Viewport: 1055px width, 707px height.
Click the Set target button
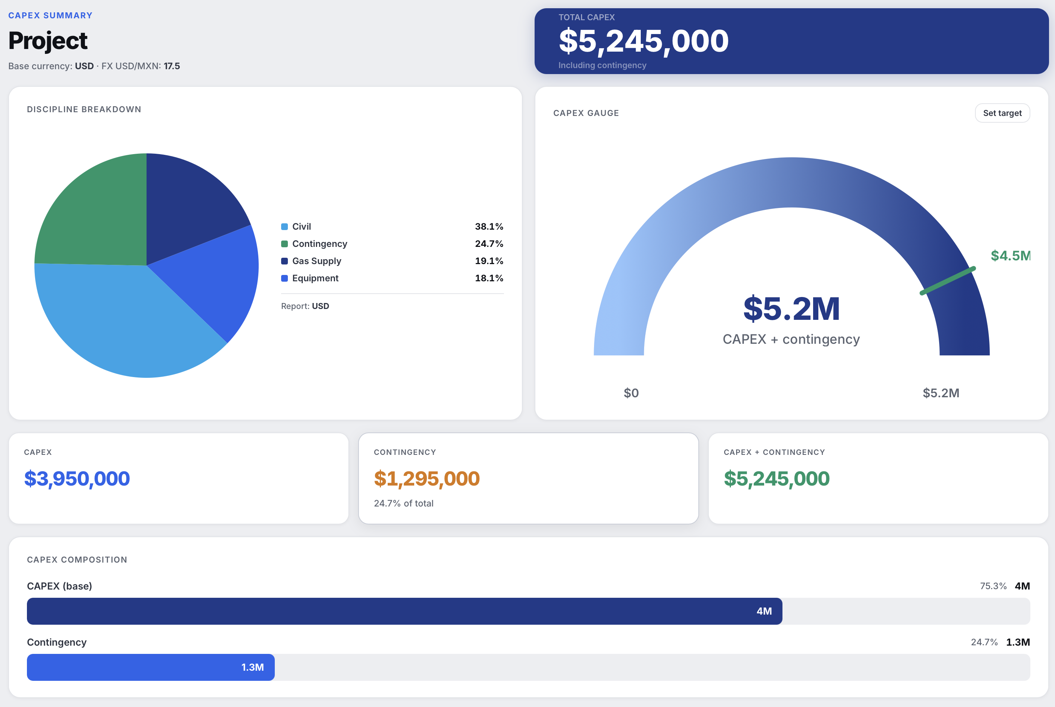1002,113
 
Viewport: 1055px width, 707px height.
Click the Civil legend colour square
284,227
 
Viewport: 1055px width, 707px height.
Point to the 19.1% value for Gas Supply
489,261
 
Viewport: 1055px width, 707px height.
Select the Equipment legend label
315,278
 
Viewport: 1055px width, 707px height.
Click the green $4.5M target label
1009,255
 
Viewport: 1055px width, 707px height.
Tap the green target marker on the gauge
947,281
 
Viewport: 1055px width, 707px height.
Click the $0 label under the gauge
631,393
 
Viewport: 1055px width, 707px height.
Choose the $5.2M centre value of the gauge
791,309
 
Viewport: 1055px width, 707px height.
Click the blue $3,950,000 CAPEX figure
77,478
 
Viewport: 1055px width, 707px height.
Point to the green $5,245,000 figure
776,478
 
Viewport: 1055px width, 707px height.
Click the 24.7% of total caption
403,503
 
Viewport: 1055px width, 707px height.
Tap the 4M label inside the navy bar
764,611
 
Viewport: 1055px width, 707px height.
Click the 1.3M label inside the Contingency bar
252,667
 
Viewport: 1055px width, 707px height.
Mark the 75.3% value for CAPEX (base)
993,586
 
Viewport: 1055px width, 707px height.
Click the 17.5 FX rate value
172,66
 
